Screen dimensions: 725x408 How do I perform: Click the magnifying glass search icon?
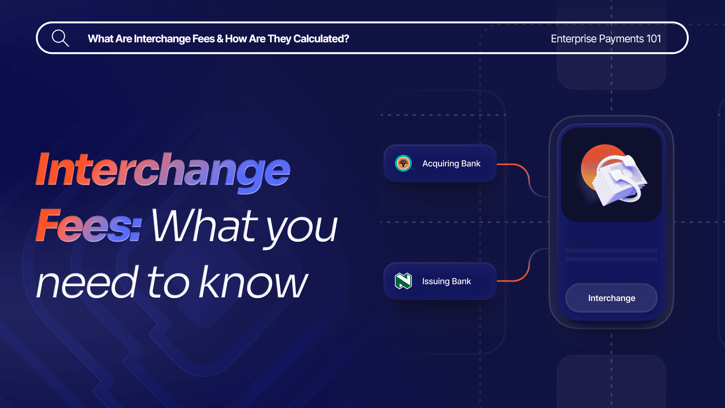point(60,38)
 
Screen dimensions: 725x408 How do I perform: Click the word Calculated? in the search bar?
point(321,39)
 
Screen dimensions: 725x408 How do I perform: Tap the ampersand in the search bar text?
point(220,39)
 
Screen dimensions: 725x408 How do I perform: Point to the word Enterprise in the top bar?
point(574,39)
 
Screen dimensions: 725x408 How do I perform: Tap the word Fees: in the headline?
point(89,225)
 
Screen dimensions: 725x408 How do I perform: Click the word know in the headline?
point(253,281)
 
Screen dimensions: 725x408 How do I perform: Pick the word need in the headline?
point(88,282)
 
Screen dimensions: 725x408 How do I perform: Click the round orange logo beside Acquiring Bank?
point(403,164)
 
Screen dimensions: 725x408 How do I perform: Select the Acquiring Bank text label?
point(451,164)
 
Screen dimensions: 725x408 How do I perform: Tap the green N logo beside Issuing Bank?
point(403,281)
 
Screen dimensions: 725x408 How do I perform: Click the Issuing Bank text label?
point(446,281)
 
